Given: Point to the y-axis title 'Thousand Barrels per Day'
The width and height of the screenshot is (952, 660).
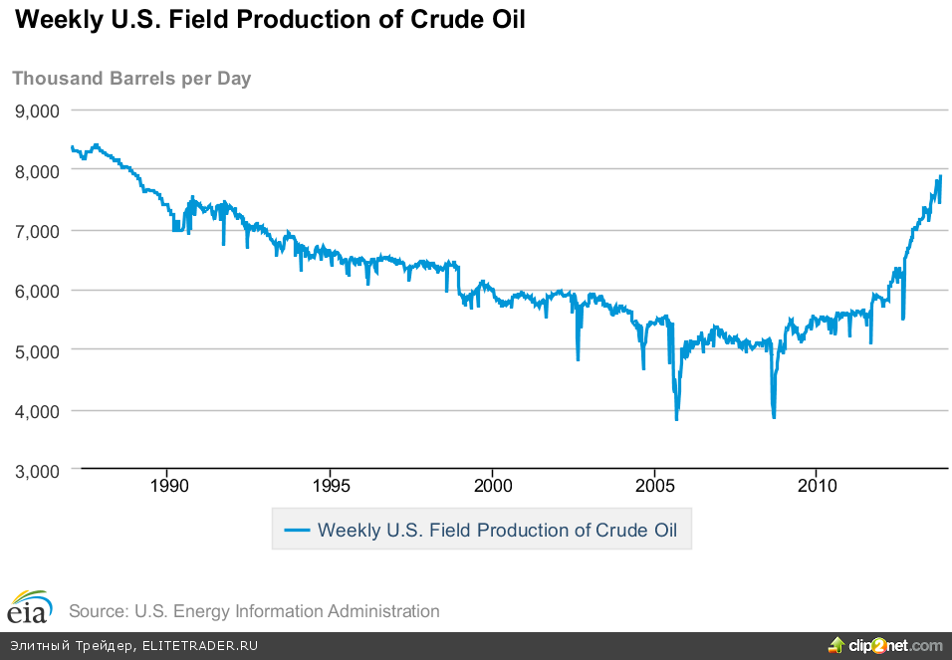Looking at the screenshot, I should (x=131, y=79).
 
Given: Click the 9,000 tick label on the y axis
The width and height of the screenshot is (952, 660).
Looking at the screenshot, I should (x=37, y=110).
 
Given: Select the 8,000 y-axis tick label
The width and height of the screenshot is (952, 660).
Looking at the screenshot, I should (x=37, y=170).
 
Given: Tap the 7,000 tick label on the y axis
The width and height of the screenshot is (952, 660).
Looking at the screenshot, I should (x=37, y=230).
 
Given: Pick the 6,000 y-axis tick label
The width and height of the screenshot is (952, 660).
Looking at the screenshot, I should (x=37, y=291).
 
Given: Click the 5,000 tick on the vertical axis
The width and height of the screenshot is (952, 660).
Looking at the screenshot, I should (x=37, y=350).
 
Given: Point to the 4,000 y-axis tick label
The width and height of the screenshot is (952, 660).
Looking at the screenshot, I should (x=37, y=410).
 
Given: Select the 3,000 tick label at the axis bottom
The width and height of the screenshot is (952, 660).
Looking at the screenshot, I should (x=37, y=470).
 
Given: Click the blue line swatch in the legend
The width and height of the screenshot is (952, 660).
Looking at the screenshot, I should (x=297, y=530).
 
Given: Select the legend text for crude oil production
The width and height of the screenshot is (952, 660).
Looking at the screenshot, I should (x=497, y=530).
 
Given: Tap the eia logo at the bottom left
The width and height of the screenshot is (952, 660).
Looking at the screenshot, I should (x=28, y=606).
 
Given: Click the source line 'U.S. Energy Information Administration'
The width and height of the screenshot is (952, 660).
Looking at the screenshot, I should (x=254, y=611).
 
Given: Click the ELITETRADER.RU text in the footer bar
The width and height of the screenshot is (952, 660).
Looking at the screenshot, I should (x=200, y=646).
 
